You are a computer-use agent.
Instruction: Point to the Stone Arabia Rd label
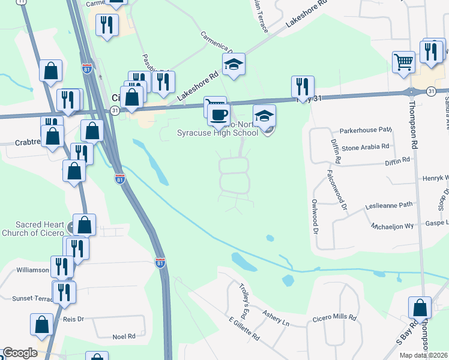(366, 146)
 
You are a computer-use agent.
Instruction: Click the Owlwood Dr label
(313, 216)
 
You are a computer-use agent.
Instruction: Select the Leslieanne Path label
(390, 205)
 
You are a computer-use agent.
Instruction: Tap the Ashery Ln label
(277, 323)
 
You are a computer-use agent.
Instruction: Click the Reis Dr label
(73, 319)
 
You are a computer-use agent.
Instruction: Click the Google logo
(20, 353)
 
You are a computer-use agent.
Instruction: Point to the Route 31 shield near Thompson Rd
(431, 91)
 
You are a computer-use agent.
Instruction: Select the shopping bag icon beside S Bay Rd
(420, 308)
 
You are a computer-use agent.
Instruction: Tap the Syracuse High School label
(217, 133)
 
